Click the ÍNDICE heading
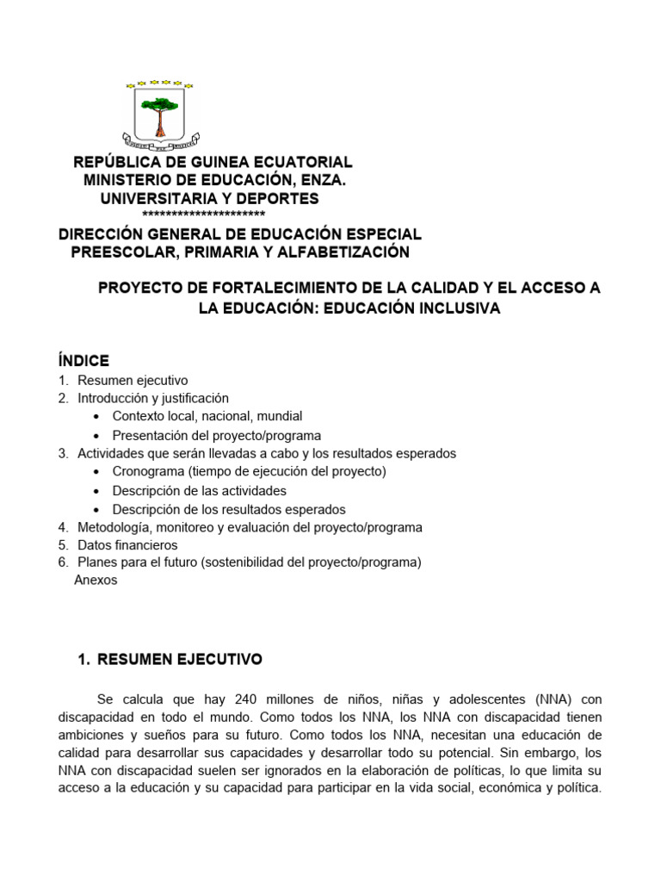point(83,360)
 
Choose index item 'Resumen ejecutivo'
point(132,380)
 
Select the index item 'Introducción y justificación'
point(153,398)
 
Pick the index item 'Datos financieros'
point(127,545)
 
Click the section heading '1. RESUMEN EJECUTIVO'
point(170,660)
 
